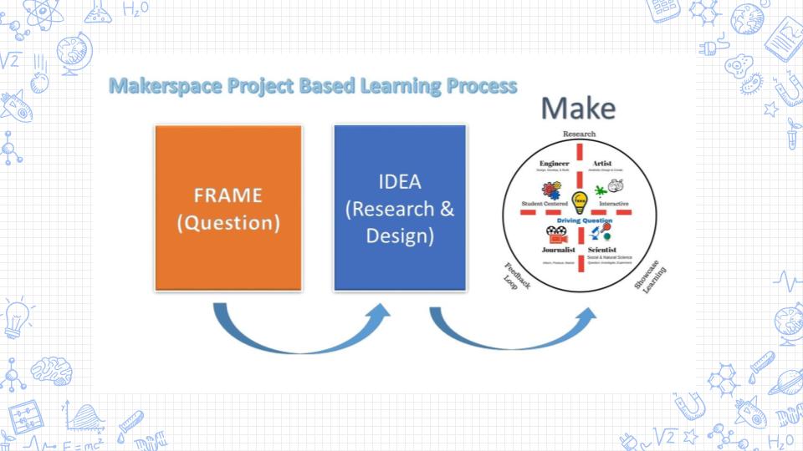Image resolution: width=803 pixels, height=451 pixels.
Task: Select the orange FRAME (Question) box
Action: tap(228, 207)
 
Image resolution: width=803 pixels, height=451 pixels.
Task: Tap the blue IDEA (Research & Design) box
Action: tap(399, 207)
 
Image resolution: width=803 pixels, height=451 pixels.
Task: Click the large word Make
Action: tap(577, 109)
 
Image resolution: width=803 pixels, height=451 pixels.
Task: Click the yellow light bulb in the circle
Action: tap(579, 202)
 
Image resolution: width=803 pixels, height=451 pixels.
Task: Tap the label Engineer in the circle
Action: tap(555, 163)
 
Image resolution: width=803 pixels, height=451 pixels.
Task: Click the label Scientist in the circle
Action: tap(602, 250)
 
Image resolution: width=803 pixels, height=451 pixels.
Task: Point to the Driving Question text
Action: tap(579, 220)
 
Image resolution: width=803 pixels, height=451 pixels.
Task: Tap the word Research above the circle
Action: tap(579, 134)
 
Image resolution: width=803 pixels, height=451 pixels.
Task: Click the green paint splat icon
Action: tap(601, 191)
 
